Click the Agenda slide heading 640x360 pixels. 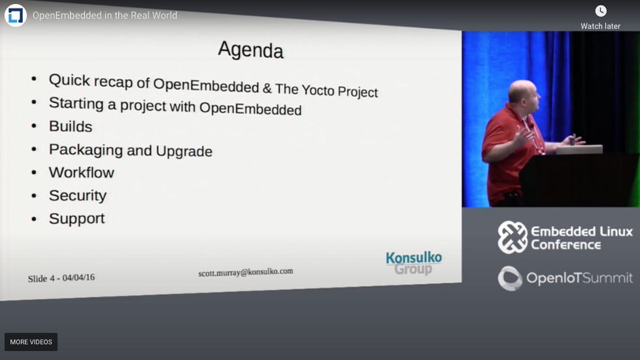tap(250, 50)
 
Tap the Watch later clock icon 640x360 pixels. tap(601, 11)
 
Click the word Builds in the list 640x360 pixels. tap(71, 126)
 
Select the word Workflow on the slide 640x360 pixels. tap(82, 172)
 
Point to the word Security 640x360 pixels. tap(78, 196)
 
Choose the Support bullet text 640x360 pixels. tap(77, 219)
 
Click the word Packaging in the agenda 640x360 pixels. tap(86, 150)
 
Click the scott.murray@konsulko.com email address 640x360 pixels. tap(246, 272)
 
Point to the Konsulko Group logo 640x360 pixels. tap(414, 263)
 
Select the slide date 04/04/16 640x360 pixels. tap(78, 278)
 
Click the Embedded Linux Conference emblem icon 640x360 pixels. tap(513, 237)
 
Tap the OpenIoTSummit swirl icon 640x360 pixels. tap(510, 278)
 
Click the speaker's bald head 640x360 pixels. tap(523, 91)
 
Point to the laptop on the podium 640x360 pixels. tap(579, 149)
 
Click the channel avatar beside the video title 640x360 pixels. tap(16, 16)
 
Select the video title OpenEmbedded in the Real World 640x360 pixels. tap(105, 16)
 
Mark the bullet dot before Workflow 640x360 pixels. tap(34, 173)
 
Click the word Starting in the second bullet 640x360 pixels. tap(76, 103)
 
